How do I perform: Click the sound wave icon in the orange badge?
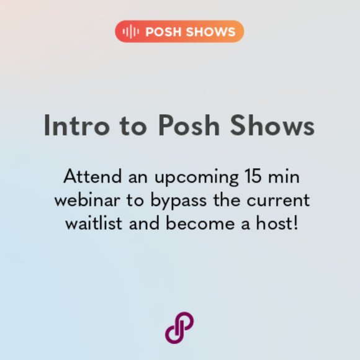[131, 32]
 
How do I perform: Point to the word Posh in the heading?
[189, 126]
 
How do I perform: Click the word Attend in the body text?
[87, 177]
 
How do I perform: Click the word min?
[283, 177]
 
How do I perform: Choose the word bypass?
[169, 202]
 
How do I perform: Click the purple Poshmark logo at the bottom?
[179, 327]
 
